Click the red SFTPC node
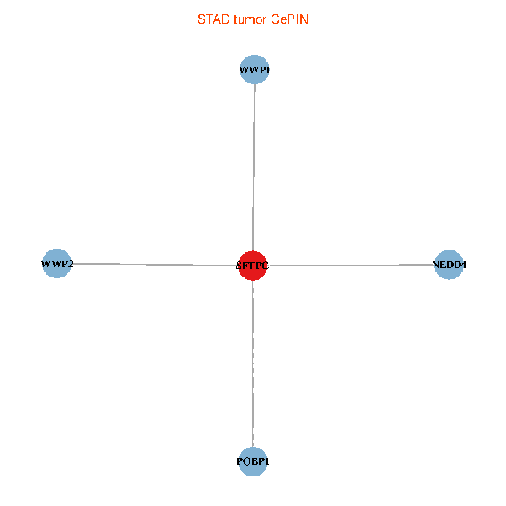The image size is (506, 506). [x=253, y=266]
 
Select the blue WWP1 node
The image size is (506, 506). [x=255, y=69]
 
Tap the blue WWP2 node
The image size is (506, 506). [x=57, y=264]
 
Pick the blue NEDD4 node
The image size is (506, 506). [x=449, y=265]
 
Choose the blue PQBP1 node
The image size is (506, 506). [x=253, y=461]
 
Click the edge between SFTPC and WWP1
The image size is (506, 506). [x=254, y=169]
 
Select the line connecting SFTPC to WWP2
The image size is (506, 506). [x=152, y=265]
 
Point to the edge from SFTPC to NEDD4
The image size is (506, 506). [x=354, y=266]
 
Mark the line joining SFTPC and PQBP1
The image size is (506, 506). [x=253, y=363]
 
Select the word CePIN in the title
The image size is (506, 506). [x=289, y=19]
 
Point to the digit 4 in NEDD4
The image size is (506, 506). [x=463, y=265]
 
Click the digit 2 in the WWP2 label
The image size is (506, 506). [x=70, y=265]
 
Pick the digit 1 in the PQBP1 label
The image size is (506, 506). [x=267, y=462]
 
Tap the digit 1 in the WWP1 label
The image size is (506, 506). [x=267, y=70]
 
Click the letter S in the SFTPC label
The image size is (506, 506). [x=240, y=266]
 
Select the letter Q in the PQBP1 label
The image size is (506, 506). [x=245, y=462]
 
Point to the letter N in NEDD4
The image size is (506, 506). [x=436, y=265]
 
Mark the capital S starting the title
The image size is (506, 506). [x=201, y=19]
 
